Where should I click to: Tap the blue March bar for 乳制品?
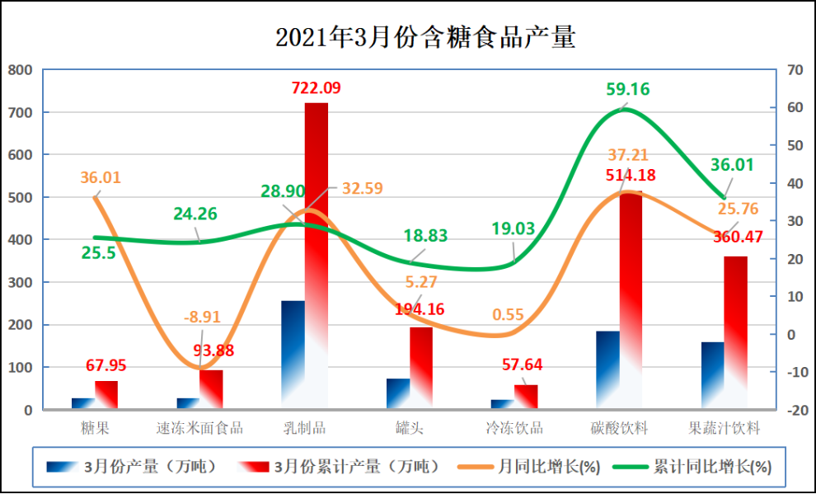293,355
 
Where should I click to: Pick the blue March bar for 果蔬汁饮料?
712,375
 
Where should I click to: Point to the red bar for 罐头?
421,367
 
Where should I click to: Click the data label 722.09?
316,87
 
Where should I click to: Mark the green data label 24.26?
195,214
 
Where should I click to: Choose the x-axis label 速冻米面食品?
199,428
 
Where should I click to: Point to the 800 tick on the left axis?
20,70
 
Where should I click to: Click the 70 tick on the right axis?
795,70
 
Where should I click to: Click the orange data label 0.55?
509,315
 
